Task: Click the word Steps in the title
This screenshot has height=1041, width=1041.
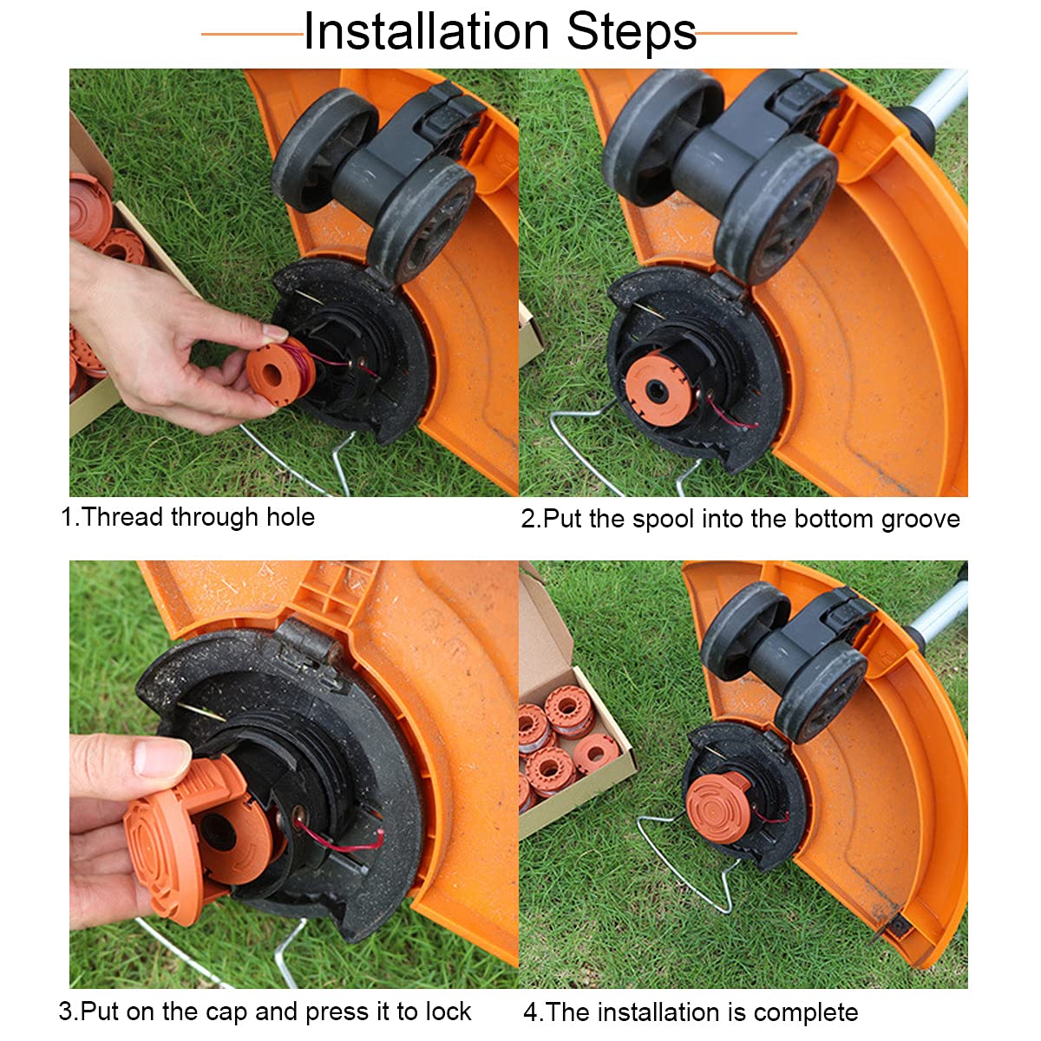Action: [x=632, y=32]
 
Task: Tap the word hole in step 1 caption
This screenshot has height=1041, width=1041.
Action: [x=290, y=517]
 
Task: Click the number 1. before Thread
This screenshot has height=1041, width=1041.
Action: [x=69, y=517]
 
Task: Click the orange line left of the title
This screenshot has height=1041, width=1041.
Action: [x=252, y=35]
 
